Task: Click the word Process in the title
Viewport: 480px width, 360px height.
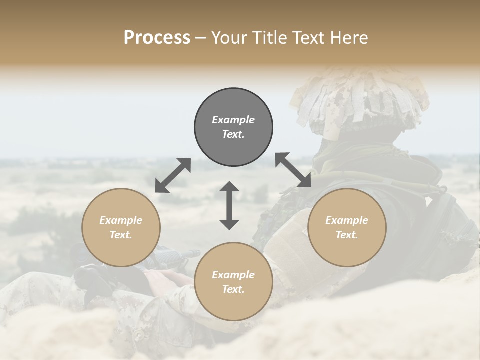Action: click(x=157, y=38)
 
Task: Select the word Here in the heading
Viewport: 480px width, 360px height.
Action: click(x=350, y=38)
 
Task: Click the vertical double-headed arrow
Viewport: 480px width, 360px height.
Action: click(x=229, y=205)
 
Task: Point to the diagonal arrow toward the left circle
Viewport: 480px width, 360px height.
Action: click(x=173, y=175)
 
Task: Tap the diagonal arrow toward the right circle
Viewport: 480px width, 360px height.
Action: click(x=293, y=170)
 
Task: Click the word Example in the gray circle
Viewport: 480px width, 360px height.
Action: click(x=233, y=120)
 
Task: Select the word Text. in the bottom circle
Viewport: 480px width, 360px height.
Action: click(x=233, y=289)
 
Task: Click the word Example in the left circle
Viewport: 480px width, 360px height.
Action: click(x=121, y=220)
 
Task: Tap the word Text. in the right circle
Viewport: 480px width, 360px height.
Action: click(x=347, y=235)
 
